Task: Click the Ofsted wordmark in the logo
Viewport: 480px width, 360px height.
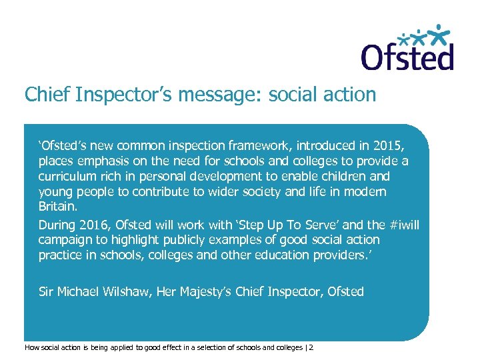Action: (407, 57)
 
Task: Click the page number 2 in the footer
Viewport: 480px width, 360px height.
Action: (311, 347)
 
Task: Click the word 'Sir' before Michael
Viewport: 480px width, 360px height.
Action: (47, 291)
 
